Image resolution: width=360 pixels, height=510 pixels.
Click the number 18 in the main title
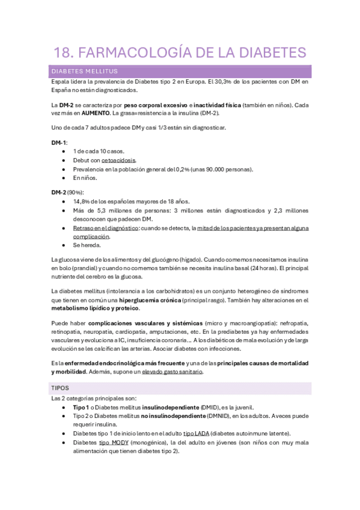62,52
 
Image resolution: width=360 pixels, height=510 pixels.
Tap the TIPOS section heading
61,388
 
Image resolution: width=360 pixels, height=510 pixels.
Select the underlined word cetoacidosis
118,161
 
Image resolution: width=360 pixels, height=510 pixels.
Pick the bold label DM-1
59,143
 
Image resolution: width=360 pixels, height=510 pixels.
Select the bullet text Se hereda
88,245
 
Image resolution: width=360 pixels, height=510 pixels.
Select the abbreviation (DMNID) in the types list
227,416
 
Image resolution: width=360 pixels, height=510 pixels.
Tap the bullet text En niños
85,178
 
